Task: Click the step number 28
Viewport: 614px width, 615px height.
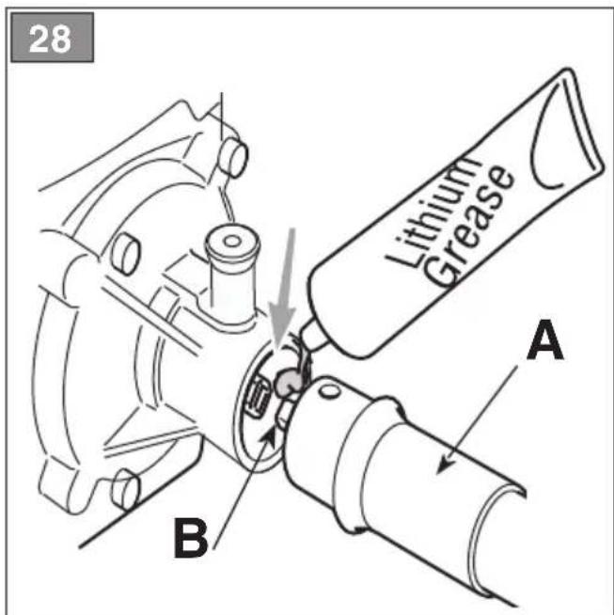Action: pyautogui.click(x=50, y=39)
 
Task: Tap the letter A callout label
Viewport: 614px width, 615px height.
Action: pyautogui.click(x=545, y=339)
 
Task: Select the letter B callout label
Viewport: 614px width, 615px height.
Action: pyautogui.click(x=191, y=538)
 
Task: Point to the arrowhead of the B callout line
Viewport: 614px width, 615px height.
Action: pyautogui.click(x=271, y=434)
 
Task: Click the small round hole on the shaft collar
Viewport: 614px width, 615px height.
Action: pyautogui.click(x=330, y=390)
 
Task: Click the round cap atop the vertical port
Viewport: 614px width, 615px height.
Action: pyautogui.click(x=232, y=242)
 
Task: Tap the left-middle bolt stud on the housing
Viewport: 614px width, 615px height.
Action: pyautogui.click(x=125, y=253)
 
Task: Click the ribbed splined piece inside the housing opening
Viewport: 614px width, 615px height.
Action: pyautogui.click(x=260, y=397)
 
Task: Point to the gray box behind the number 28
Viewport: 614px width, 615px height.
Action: pyautogui.click(x=52, y=38)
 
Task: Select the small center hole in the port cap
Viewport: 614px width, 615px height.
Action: pyautogui.click(x=232, y=242)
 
